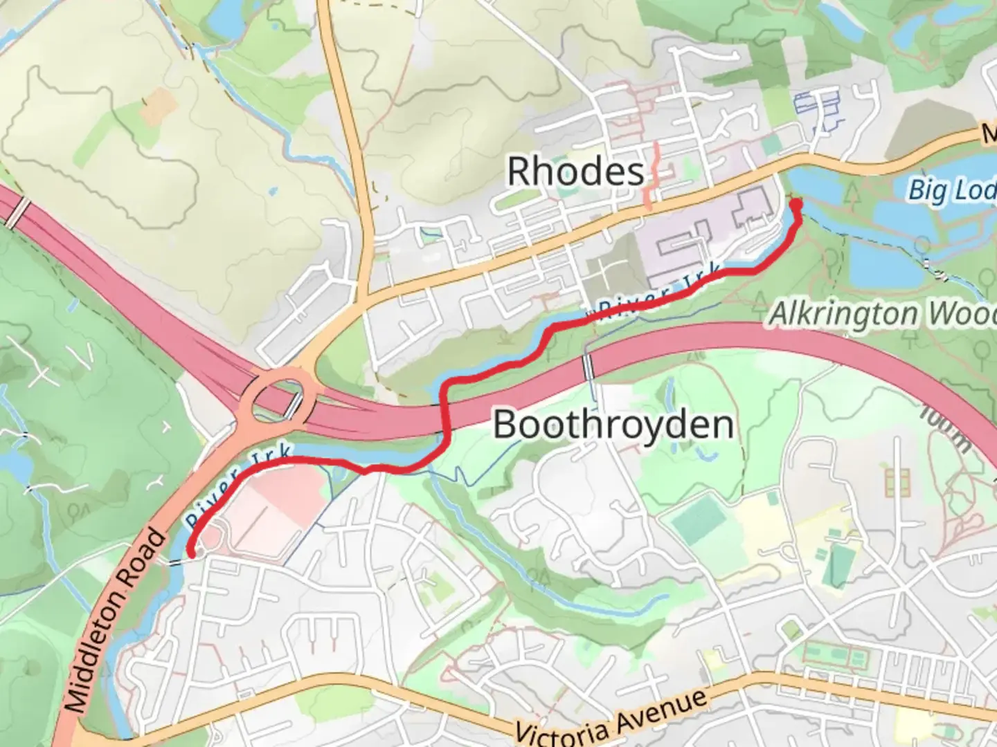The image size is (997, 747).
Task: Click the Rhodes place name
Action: (575, 171)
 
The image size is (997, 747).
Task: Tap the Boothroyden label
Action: (613, 424)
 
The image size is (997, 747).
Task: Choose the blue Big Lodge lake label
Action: (951, 189)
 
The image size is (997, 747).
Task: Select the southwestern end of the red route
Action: (190, 553)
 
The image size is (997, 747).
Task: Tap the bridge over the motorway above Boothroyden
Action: (589, 366)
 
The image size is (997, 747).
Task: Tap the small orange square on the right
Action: (897, 482)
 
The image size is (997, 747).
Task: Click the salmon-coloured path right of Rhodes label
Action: (652, 177)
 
